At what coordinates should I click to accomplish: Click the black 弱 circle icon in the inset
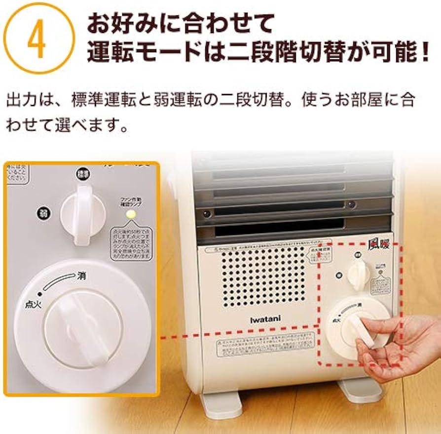click(41, 213)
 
